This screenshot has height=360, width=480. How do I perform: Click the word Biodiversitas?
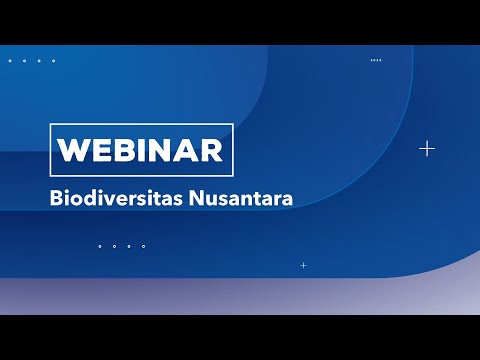(116, 198)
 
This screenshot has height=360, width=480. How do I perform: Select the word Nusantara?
(241, 198)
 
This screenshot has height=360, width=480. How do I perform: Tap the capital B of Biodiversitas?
(56, 198)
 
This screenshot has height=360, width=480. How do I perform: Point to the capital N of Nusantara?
(196, 198)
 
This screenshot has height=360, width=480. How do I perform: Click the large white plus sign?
(427, 149)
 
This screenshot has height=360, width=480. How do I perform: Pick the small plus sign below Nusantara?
(303, 265)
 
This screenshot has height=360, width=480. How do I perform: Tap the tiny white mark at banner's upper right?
(376, 60)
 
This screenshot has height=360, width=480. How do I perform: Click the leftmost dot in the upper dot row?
(10, 61)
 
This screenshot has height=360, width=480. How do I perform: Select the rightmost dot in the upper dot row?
(54, 61)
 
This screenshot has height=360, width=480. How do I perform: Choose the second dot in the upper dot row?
(24, 61)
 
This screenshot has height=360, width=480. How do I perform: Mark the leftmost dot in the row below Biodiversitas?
(100, 246)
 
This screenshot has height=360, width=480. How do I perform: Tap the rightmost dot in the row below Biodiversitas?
(144, 246)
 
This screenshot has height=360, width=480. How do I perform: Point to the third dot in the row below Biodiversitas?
(129, 246)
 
